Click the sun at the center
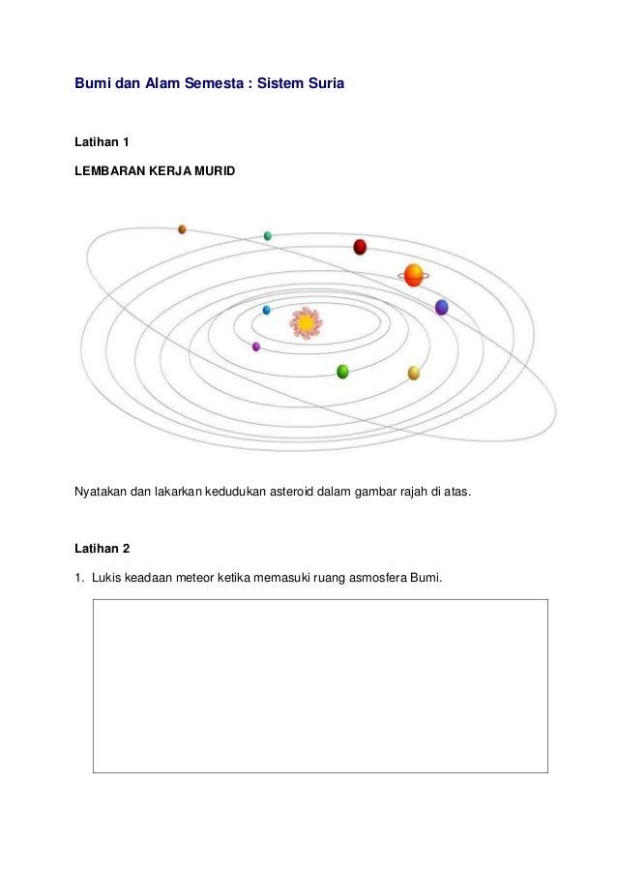click(305, 322)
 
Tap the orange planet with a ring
click(414, 275)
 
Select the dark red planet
click(360, 247)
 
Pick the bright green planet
click(342, 372)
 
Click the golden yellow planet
click(414, 373)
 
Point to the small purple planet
click(256, 346)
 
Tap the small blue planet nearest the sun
click(267, 310)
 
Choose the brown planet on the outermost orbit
click(182, 229)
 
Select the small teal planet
click(268, 235)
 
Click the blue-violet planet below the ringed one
click(441, 307)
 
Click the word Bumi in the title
click(92, 84)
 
